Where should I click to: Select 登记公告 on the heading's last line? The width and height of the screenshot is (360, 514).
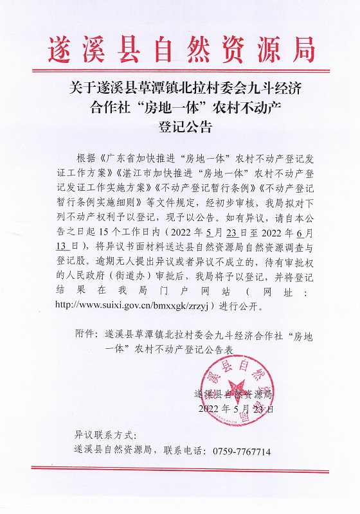(x=180, y=126)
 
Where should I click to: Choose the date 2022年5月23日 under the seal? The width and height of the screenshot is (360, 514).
(x=237, y=408)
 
